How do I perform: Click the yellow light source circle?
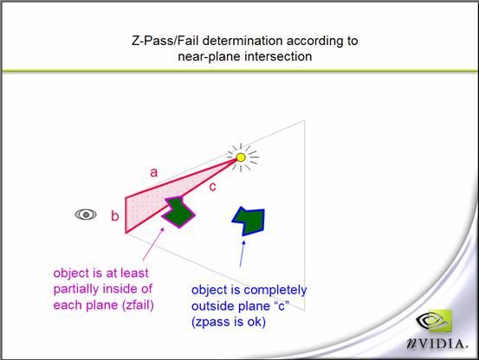click(x=241, y=157)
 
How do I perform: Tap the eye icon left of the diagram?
click(x=86, y=215)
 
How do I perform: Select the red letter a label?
click(x=153, y=173)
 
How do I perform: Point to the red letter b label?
click(x=115, y=215)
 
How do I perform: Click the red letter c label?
click(x=212, y=187)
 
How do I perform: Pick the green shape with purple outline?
click(x=178, y=212)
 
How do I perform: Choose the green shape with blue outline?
click(x=250, y=221)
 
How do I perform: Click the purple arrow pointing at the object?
click(x=153, y=244)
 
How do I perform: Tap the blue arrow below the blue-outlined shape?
click(x=242, y=254)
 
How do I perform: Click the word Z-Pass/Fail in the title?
click(x=165, y=41)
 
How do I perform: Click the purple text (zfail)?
click(x=138, y=305)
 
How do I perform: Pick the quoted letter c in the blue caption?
click(x=282, y=305)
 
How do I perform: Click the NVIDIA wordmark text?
click(x=437, y=344)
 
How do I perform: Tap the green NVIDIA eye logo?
click(x=434, y=321)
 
